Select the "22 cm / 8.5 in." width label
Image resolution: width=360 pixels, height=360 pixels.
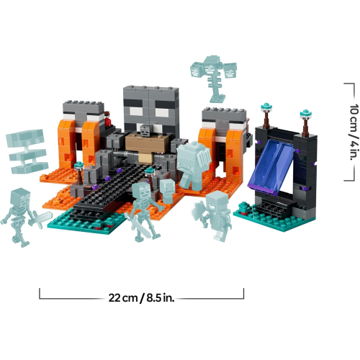point(141,295)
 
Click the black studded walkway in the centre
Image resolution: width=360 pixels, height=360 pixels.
point(115,187)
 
